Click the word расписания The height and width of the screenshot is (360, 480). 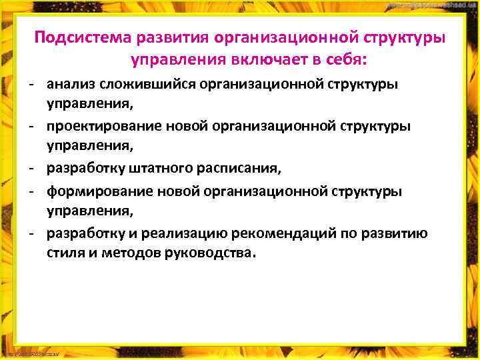click(x=244, y=169)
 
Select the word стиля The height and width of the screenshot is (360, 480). click(x=63, y=254)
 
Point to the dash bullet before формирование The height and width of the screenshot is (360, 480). click(x=31, y=191)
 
